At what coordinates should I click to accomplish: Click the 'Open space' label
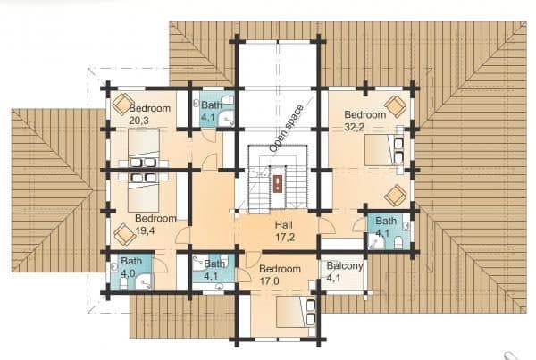[x=287, y=129]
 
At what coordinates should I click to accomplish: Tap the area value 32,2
[x=354, y=127]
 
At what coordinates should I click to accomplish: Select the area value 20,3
[x=139, y=121]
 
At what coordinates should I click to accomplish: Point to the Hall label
[x=284, y=225]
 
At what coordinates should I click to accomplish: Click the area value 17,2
[x=285, y=237]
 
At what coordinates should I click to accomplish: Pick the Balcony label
[x=345, y=265]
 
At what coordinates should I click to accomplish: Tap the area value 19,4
[x=145, y=230]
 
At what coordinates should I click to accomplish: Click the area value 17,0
[x=269, y=281]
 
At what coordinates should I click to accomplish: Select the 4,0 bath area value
[x=128, y=273]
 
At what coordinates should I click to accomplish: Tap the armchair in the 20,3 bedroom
[x=123, y=105]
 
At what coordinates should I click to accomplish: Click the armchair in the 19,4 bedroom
[x=124, y=235]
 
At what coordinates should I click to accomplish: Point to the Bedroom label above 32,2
[x=365, y=114]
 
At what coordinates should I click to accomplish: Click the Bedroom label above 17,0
[x=280, y=269]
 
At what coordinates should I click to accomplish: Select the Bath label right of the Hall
[x=386, y=221]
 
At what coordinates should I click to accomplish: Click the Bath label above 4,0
[x=131, y=261]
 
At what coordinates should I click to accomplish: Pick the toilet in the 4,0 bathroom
[x=123, y=283]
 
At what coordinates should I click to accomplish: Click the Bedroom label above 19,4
[x=155, y=218]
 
